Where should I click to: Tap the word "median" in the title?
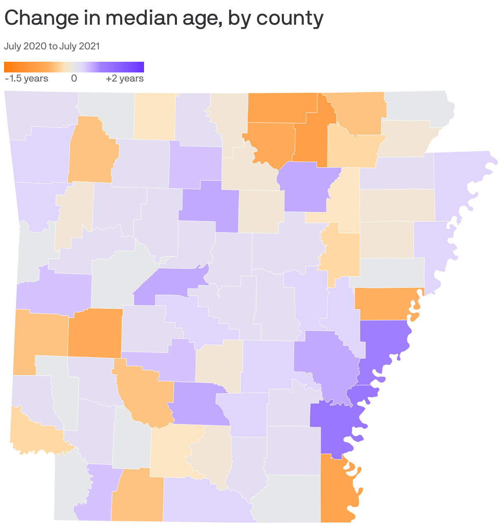pos(126,19)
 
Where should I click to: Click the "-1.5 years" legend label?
pos(26,78)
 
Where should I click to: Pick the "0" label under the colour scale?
pos(74,78)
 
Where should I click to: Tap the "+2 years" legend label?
pos(125,78)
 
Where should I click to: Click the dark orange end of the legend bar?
pos(7,67)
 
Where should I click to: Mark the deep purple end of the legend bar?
pos(141,67)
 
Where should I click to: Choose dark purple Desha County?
pos(333,428)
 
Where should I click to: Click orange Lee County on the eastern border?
pos(387,304)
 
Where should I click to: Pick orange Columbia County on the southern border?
pos(137,496)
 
